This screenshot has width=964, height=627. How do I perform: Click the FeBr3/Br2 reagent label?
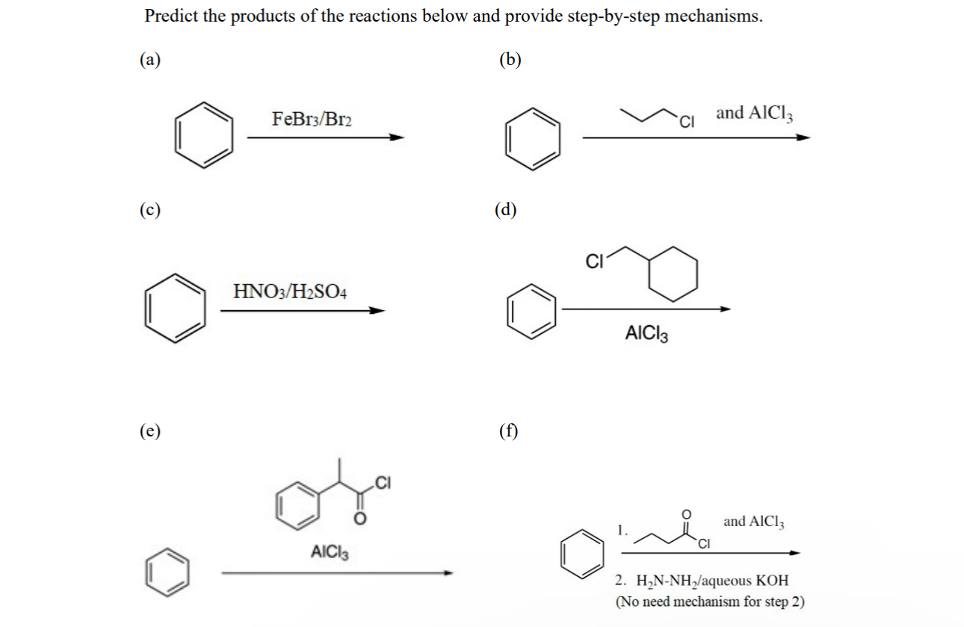[312, 119]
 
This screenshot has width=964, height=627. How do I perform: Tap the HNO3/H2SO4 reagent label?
[290, 290]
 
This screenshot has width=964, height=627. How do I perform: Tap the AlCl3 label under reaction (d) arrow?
[646, 334]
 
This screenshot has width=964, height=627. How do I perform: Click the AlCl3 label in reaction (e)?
[330, 554]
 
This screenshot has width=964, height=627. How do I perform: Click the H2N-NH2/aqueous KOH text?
[701, 580]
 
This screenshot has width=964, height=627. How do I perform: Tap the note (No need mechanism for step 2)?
[710, 602]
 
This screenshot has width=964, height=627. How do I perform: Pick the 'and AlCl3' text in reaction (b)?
[754, 114]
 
